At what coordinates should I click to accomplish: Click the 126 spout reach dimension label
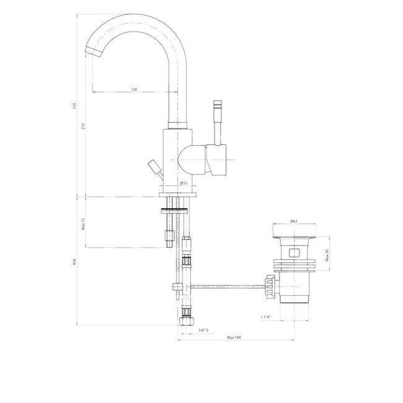tap(135, 90)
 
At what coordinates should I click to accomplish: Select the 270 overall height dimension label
tap(75, 106)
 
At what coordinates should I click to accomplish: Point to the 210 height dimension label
tap(84, 126)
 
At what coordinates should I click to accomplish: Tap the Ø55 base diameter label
tap(184, 183)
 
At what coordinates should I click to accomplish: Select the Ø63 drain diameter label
tap(295, 221)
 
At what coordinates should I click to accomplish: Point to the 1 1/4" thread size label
tap(267, 317)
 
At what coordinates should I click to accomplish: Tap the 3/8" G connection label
tap(203, 330)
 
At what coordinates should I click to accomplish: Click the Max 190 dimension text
tap(234, 337)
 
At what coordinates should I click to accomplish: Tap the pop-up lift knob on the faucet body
tap(153, 167)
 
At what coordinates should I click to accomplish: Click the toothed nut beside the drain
tap(269, 286)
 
